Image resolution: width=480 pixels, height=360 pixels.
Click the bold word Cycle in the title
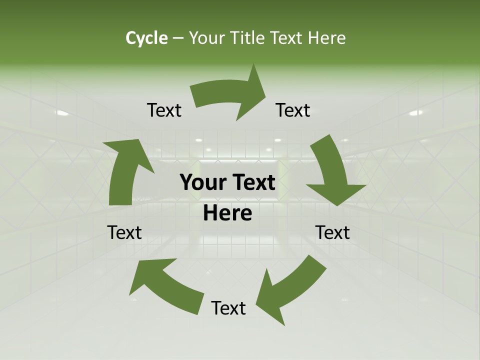tap(146, 38)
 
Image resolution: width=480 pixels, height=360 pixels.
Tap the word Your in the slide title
tap(207, 38)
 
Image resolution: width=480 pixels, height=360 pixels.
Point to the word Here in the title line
tap(326, 38)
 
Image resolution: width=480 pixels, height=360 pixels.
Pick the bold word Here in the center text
tap(227, 213)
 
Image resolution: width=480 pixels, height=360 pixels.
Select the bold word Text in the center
tap(253, 183)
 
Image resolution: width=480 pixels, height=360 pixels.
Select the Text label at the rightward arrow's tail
tap(164, 110)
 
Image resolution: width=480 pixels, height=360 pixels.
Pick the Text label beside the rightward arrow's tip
tap(293, 110)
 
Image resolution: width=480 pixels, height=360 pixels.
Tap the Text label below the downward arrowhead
tap(332, 232)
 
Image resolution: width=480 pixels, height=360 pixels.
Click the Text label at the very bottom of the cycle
tap(228, 308)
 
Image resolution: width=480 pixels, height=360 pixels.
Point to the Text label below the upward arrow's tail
tap(124, 232)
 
